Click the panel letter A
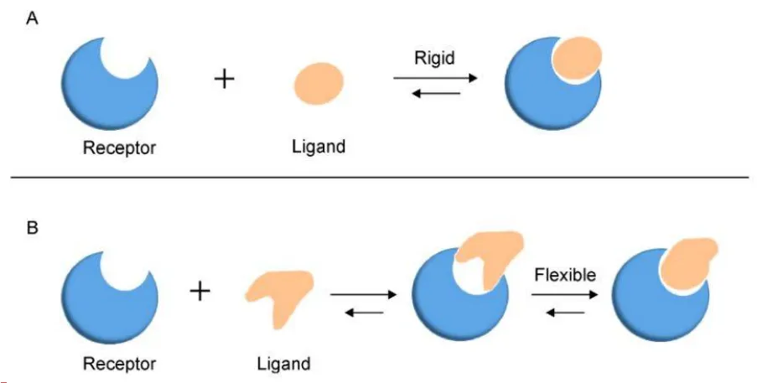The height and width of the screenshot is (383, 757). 32,18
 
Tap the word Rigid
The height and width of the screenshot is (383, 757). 434,59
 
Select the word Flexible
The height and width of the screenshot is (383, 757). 566,274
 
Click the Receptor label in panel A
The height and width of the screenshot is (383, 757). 120,148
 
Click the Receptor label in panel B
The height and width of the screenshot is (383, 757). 120,365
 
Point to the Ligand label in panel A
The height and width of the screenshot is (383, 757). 318,148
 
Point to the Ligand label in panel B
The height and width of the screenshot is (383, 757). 283,364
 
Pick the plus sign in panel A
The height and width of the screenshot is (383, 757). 224,80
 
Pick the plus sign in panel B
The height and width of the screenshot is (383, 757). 200,292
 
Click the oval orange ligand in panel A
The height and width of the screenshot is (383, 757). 319,83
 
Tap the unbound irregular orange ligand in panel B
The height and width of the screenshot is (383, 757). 279,293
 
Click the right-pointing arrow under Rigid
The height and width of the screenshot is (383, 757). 435,78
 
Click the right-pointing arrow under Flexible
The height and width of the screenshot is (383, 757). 566,294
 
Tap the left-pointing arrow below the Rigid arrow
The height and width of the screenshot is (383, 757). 435,92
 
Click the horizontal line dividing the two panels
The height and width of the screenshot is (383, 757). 378,178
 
